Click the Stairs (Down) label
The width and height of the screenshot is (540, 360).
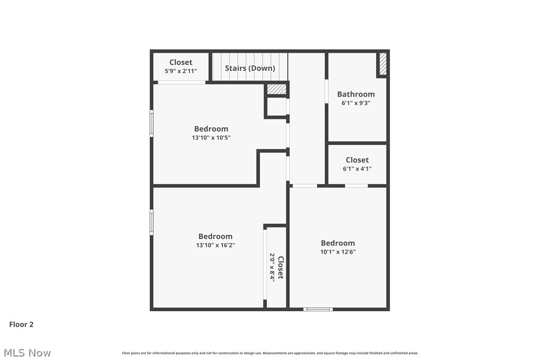[x=250, y=68]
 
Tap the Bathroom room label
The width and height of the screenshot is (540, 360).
[x=356, y=94]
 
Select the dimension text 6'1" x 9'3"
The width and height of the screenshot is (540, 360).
[x=356, y=103]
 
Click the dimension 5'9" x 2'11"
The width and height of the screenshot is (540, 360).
[x=180, y=71]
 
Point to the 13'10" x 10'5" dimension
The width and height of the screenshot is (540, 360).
[x=211, y=138]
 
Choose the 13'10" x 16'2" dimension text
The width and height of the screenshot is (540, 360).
[x=215, y=245]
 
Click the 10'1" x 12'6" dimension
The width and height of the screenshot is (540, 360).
[x=338, y=252]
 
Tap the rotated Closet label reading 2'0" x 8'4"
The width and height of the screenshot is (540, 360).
[x=280, y=268]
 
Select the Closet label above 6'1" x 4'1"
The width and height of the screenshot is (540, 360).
[x=357, y=160]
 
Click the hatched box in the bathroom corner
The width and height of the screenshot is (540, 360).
[x=382, y=64]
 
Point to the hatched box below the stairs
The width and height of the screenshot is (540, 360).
[x=276, y=89]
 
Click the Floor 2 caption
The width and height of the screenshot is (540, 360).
[x=21, y=324]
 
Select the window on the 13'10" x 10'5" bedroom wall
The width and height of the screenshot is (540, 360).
[x=152, y=123]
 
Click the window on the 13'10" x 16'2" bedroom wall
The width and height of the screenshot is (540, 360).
[x=152, y=222]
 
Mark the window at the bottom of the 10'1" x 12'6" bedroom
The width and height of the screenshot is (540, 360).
[x=318, y=309]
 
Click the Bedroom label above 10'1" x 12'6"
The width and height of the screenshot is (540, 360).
[x=338, y=243]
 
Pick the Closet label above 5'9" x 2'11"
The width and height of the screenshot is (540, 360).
[x=180, y=62]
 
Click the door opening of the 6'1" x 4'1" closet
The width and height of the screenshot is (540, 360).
[x=356, y=186]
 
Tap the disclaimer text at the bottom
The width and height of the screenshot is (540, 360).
[x=270, y=353]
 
